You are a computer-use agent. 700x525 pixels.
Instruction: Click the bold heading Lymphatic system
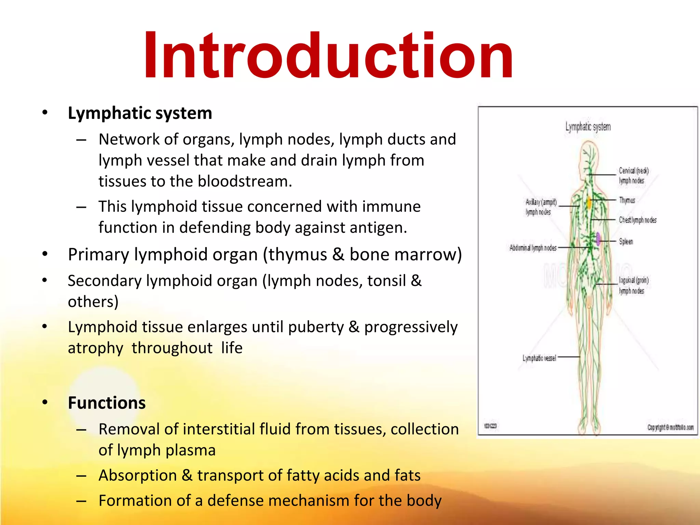[x=140, y=113]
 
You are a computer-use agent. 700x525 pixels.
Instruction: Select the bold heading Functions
[x=107, y=403]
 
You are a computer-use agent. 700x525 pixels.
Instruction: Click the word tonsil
[x=386, y=281]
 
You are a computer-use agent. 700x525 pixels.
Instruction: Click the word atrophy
[x=95, y=348]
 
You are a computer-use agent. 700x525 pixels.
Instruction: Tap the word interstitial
[x=219, y=429]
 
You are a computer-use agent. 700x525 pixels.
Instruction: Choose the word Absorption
[x=137, y=475]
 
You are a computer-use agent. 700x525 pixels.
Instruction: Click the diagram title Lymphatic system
[x=588, y=127]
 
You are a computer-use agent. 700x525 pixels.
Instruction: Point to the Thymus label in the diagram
[x=627, y=200]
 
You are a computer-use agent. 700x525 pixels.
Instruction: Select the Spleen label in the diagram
[x=626, y=242]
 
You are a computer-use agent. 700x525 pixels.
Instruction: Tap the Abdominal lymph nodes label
[x=533, y=248]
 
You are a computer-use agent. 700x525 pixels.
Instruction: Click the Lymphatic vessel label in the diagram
[x=539, y=358]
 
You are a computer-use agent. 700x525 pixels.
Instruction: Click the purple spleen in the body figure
[x=598, y=239]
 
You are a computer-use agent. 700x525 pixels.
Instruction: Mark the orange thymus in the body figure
[x=589, y=202]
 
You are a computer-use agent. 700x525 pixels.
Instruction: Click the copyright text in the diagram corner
[x=670, y=427]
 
